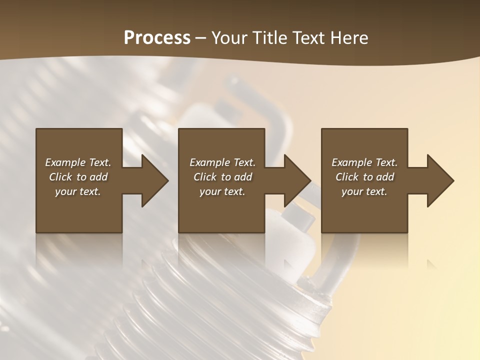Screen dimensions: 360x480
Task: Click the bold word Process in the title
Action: (157, 38)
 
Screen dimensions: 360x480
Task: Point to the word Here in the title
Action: (349, 38)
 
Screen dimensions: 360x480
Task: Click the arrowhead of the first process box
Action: (154, 180)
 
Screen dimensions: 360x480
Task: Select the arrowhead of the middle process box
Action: (297, 180)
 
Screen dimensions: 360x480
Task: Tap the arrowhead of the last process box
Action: (439, 180)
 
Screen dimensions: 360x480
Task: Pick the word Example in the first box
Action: (65, 162)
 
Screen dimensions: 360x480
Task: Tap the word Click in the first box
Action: (60, 177)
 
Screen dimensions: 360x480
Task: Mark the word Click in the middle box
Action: (205, 177)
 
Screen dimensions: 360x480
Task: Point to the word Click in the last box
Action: (347, 177)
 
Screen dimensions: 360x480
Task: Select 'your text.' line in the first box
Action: (78, 191)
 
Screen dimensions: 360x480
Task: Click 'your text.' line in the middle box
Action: (222, 191)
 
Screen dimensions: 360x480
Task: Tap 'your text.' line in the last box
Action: (364, 191)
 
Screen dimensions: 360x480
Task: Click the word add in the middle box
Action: (242, 177)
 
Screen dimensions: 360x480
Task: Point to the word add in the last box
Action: (384, 177)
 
